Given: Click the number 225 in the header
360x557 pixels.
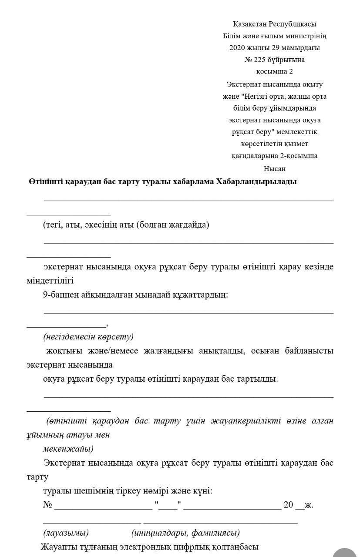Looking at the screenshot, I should (x=262, y=60).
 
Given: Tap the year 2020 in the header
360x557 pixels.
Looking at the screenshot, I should (x=238, y=48).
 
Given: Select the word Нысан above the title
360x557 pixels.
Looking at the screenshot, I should (x=274, y=168).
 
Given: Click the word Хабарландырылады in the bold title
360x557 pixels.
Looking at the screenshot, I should (x=256, y=182).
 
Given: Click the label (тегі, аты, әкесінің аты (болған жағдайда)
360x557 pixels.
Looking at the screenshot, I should (x=126, y=225).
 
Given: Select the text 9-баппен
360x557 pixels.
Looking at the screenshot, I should (x=59, y=295).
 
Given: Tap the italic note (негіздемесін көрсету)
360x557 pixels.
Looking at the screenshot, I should (x=88, y=337).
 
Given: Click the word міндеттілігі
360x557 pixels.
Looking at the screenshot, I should (x=50, y=281).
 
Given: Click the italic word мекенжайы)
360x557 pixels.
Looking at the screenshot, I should (x=68, y=449).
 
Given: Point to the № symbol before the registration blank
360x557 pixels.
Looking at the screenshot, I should (x=47, y=505).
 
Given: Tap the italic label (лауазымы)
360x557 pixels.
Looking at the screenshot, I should (x=66, y=533).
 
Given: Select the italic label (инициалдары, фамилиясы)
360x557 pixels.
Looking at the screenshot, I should (x=185, y=533).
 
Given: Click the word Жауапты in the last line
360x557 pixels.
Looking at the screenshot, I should (x=58, y=547).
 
